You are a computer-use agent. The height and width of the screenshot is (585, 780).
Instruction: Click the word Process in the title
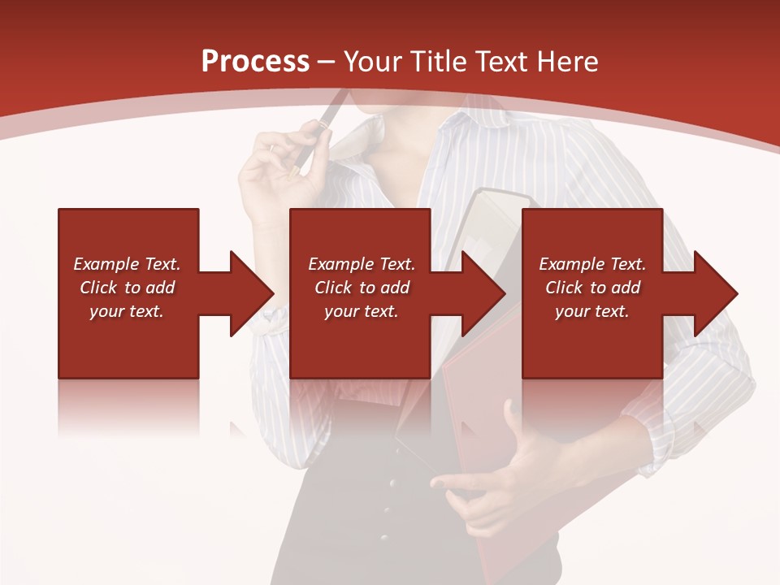click(x=255, y=62)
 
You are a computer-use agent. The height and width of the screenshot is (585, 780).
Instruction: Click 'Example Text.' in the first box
click(x=127, y=264)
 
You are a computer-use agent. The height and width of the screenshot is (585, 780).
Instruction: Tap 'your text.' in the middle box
click(x=361, y=311)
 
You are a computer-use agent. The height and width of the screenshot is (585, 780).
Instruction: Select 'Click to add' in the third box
click(x=592, y=288)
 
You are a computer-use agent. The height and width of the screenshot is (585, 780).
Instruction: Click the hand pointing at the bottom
click(x=487, y=479)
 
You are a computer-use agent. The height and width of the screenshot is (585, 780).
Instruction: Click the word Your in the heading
click(x=371, y=62)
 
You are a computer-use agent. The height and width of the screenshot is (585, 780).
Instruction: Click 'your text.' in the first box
click(x=127, y=311)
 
